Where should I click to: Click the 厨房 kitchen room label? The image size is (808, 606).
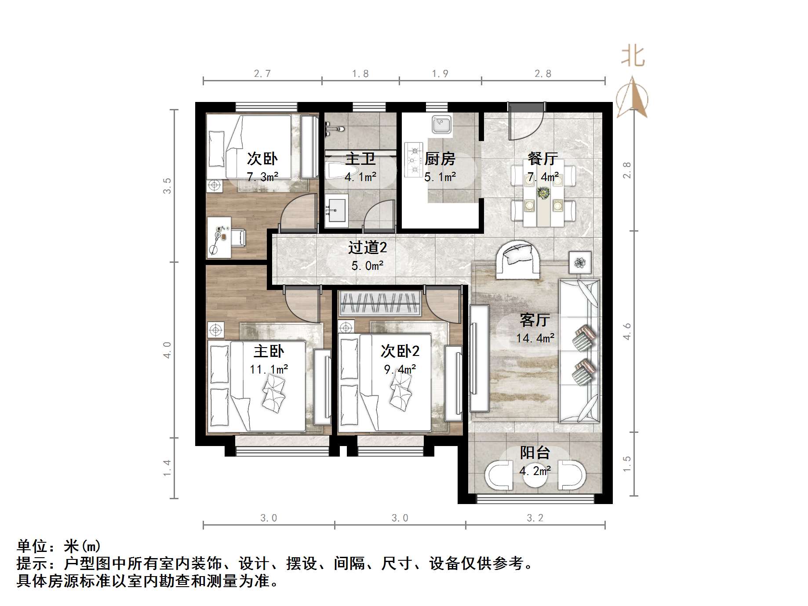[440, 159]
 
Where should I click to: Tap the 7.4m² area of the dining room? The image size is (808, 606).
[543, 177]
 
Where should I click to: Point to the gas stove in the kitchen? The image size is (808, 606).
[413, 160]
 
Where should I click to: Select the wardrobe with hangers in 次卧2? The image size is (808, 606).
[379, 303]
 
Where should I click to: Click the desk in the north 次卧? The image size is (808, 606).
[219, 237]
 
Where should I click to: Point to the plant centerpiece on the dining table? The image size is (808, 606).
[543, 193]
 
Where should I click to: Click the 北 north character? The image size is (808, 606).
[633, 57]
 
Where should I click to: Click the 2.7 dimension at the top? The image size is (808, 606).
[262, 73]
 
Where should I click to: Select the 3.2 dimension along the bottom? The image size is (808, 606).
[535, 518]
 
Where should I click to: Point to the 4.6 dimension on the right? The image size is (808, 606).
[627, 331]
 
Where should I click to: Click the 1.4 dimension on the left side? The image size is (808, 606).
[167, 468]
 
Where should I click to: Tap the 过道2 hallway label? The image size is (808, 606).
[368, 247]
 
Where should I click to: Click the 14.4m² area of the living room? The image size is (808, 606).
[535, 338]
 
